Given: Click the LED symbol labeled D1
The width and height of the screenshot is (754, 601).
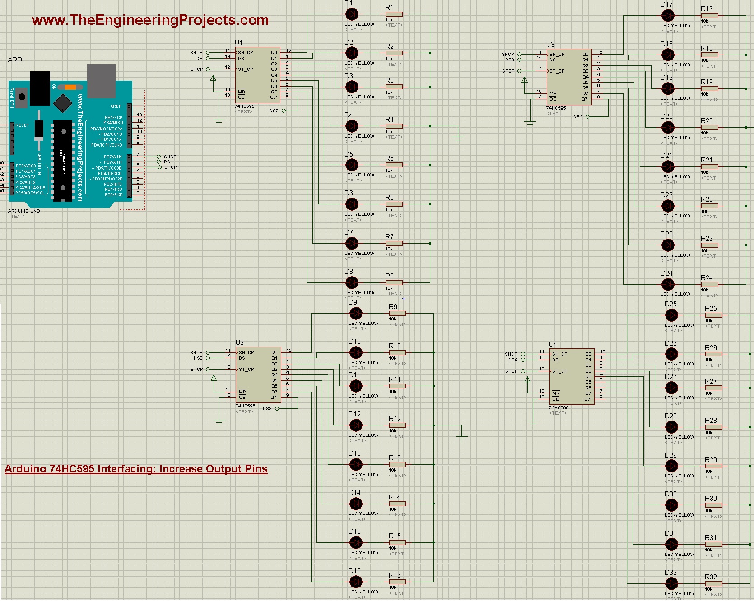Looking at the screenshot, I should (352, 14).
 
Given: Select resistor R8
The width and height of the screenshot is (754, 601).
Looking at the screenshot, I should (394, 283).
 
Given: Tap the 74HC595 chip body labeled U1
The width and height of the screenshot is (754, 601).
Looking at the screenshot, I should (257, 75).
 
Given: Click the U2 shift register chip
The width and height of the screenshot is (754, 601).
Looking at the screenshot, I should (258, 375).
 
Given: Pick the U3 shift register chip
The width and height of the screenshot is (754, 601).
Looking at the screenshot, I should (568, 76).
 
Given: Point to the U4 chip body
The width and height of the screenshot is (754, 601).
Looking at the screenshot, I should (571, 376).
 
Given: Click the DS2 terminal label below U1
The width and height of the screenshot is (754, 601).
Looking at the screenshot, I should (274, 111).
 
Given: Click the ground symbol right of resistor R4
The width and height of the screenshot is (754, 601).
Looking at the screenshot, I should (458, 139).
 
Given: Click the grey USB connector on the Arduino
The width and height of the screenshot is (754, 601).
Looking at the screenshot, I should (101, 80).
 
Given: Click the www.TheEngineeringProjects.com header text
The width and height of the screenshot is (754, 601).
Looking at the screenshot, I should (150, 20).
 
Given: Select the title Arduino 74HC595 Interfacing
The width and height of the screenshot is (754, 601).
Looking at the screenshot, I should (136, 469).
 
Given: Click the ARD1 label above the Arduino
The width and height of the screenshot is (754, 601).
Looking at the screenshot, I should (17, 60).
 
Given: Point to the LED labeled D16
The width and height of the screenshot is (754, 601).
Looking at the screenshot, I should (356, 582).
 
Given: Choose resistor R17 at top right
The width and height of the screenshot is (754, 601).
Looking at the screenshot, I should (709, 16).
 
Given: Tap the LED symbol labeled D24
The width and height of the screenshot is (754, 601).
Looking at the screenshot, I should (668, 285).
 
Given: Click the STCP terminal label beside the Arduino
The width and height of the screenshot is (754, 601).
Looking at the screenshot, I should (170, 167).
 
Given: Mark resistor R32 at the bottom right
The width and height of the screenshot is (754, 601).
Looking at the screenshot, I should (713, 584).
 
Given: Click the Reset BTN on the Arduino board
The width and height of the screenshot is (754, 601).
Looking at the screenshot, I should (22, 97).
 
